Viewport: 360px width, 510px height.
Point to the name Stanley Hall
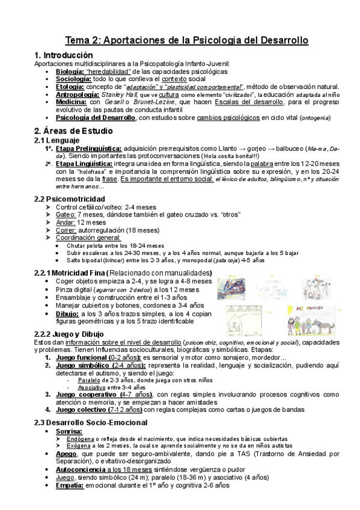[119, 94]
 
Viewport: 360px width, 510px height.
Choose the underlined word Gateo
[65, 215]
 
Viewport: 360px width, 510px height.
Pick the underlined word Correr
[66, 230]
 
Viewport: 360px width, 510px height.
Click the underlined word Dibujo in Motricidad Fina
[67, 313]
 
